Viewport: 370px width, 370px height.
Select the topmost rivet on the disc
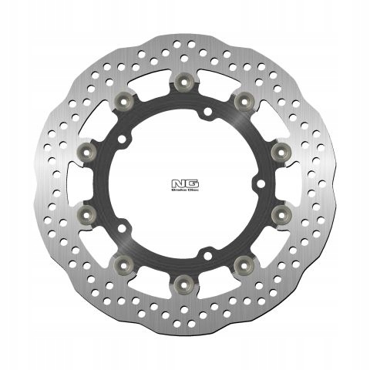click(183, 81)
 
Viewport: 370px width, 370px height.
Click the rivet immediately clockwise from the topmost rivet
click(244, 99)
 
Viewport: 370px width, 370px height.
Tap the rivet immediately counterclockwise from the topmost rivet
click(123, 99)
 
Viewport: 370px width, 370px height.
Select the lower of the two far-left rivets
click(86, 212)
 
